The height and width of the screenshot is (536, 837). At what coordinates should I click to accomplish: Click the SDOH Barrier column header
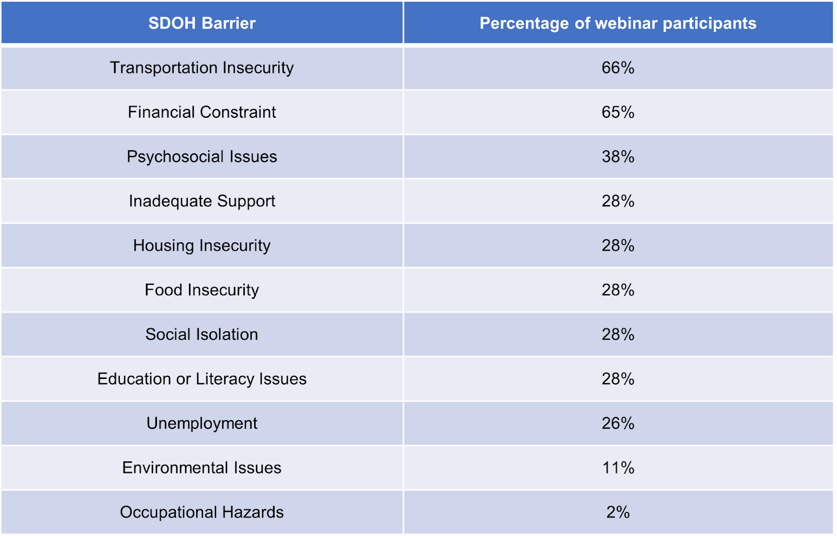click(x=202, y=23)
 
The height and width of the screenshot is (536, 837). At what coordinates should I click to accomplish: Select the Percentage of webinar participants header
click(x=618, y=23)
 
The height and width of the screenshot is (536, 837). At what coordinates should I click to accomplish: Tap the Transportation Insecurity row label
click(x=202, y=68)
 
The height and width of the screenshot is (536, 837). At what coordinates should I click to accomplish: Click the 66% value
click(x=618, y=68)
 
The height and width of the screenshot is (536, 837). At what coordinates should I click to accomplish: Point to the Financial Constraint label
click(x=202, y=112)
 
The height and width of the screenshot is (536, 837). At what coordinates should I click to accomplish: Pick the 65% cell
click(x=618, y=112)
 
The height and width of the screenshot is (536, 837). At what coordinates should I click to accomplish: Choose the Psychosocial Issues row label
click(x=202, y=157)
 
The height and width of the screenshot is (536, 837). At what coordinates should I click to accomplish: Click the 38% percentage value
click(x=618, y=157)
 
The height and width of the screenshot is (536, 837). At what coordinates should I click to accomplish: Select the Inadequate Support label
click(x=202, y=201)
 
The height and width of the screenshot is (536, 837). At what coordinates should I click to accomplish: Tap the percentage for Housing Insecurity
click(x=618, y=245)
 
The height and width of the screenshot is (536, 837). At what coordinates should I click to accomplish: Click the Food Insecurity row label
click(x=202, y=290)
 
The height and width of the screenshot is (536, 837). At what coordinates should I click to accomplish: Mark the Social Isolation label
click(x=202, y=334)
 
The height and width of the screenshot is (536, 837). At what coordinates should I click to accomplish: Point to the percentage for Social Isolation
click(x=618, y=334)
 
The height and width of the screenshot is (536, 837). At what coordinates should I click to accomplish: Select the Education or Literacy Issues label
click(x=202, y=379)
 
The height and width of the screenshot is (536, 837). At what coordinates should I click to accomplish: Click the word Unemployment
click(x=202, y=423)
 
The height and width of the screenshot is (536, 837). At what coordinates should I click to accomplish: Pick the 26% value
click(x=618, y=423)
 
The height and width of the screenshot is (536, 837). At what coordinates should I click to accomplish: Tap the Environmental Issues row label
click(x=202, y=468)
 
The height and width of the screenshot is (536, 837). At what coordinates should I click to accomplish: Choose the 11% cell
click(x=618, y=468)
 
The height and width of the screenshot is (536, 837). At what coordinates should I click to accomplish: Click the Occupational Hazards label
click(x=202, y=512)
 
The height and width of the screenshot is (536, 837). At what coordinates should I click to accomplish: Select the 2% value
click(x=618, y=512)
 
